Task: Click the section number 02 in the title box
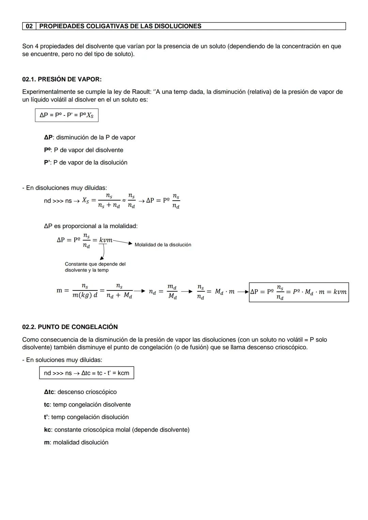pyautogui.click(x=29, y=26)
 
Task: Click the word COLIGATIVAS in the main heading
pyautogui.click(x=110, y=26)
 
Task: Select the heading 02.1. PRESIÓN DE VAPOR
pyautogui.click(x=62, y=79)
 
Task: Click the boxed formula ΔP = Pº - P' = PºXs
pyautogui.click(x=66, y=115)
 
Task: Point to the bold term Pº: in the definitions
pyautogui.click(x=48, y=150)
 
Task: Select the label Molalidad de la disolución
pyautogui.click(x=163, y=245)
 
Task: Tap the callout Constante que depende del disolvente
pyautogui.click(x=95, y=267)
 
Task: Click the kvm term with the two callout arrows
pyautogui.click(x=106, y=240)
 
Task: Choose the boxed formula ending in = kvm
pyautogui.click(x=298, y=292)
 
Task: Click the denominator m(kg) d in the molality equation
pyautogui.click(x=85, y=296)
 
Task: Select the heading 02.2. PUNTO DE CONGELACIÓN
pyautogui.click(x=70, y=327)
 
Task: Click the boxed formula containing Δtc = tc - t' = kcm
pyautogui.click(x=87, y=373)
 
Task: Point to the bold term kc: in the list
pyautogui.click(x=48, y=430)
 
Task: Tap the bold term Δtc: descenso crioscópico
pyautogui.click(x=49, y=392)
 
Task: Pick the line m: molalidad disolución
pyautogui.click(x=76, y=442)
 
